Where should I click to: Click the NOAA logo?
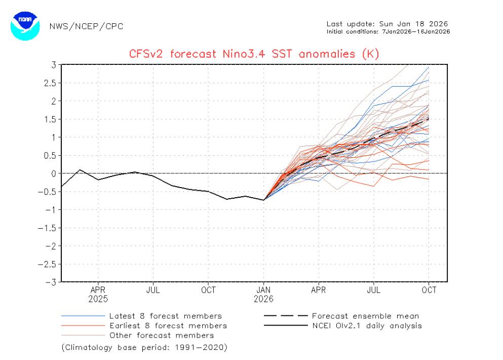coord(25,25)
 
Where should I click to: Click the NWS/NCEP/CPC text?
coord(86,26)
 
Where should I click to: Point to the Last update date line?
coord(388,24)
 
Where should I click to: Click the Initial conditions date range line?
coord(389,31)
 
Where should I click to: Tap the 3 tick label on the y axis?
coord(53,65)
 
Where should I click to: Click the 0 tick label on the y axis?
coord(53,173)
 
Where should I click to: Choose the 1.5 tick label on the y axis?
coord(49,119)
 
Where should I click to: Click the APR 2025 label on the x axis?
coord(98,294)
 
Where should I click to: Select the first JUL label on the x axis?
coord(153,290)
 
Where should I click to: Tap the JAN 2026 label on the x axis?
coord(263,294)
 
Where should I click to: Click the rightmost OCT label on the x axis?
coord(429,290)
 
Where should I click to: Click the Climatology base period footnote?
coord(144,348)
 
